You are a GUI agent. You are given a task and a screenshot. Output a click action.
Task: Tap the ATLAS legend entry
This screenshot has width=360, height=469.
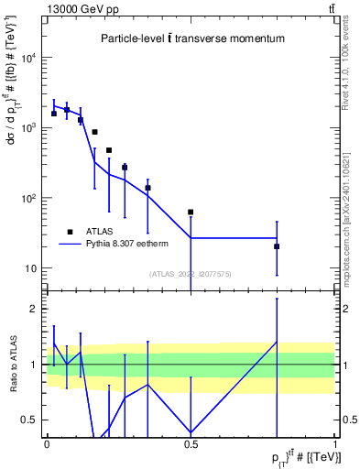(101, 232)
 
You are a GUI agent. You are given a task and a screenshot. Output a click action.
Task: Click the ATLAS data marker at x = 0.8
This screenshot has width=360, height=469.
(277, 246)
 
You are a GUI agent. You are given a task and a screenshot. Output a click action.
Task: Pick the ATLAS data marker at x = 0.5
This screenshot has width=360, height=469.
(191, 213)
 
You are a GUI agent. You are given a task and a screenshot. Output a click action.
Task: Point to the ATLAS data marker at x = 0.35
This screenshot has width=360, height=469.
(147, 188)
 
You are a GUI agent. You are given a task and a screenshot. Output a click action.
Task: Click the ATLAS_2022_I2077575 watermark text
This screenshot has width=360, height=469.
(191, 273)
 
